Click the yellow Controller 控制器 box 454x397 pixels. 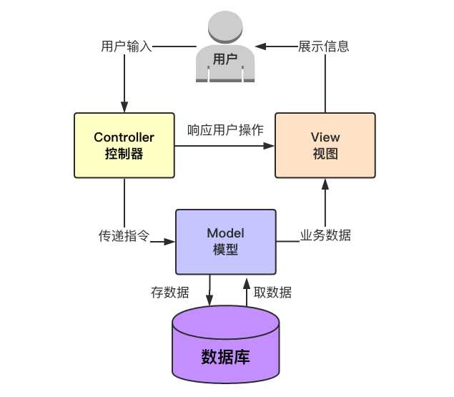coord(124,145)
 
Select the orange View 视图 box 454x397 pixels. coord(325,145)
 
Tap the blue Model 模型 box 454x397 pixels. coord(225,242)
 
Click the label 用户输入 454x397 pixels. coord(126,47)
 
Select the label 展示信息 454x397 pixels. coord(324,47)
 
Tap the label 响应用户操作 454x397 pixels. coord(225,131)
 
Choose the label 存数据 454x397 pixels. coord(170,292)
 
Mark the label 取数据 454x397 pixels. coord(272,292)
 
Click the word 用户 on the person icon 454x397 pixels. coord(225,60)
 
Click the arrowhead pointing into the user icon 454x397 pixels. coord(262,47)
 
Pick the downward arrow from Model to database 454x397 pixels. coord(209,293)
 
